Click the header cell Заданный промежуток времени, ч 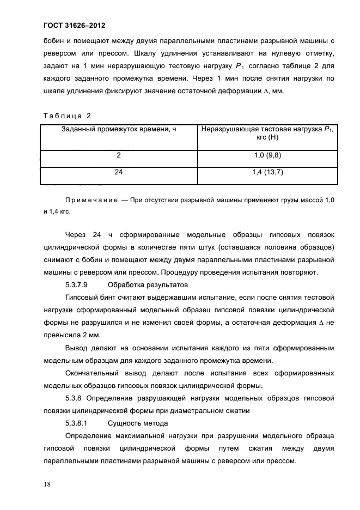[119, 130]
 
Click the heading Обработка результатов [148, 284]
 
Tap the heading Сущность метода [138, 423]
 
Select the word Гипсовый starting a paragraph [82, 297]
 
